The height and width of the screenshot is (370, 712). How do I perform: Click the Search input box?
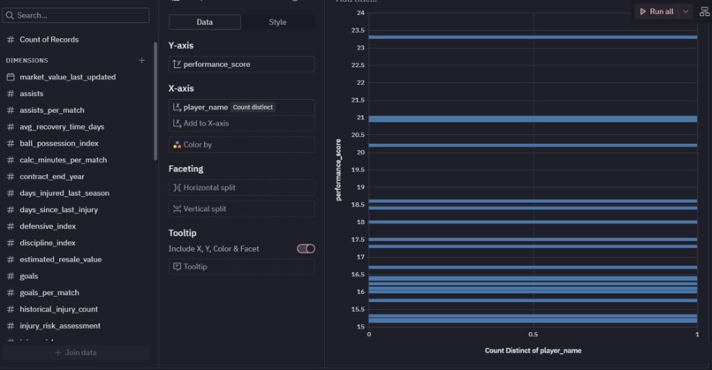pyautogui.click(x=76, y=16)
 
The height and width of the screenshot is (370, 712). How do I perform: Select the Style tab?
pyautogui.click(x=277, y=22)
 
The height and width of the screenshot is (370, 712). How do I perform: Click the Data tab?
pyautogui.click(x=204, y=22)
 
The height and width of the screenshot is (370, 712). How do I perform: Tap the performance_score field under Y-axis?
pyautogui.click(x=241, y=64)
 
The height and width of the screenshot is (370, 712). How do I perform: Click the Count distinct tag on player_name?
pyautogui.click(x=254, y=107)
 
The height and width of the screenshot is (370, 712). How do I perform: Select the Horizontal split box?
pyautogui.click(x=241, y=187)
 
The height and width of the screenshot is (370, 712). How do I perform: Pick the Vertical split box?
pyautogui.click(x=241, y=209)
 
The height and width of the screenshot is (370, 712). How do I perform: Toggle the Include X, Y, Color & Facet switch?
pyautogui.click(x=306, y=249)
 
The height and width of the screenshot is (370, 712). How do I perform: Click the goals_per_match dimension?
pyautogui.click(x=49, y=292)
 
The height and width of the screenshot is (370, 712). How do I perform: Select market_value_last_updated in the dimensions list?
pyautogui.click(x=67, y=77)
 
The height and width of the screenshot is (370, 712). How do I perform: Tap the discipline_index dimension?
pyautogui.click(x=48, y=243)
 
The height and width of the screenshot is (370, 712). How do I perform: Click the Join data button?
pyautogui.click(x=76, y=352)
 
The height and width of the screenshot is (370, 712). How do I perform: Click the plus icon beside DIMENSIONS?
pyautogui.click(x=142, y=60)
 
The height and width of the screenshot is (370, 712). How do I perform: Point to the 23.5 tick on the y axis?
pyautogui.click(x=358, y=30)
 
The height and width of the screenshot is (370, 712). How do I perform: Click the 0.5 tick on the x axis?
pyautogui.click(x=533, y=335)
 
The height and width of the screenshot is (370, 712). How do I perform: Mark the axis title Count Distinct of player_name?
pyautogui.click(x=533, y=351)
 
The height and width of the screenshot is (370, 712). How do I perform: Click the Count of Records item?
pyautogui.click(x=49, y=40)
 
